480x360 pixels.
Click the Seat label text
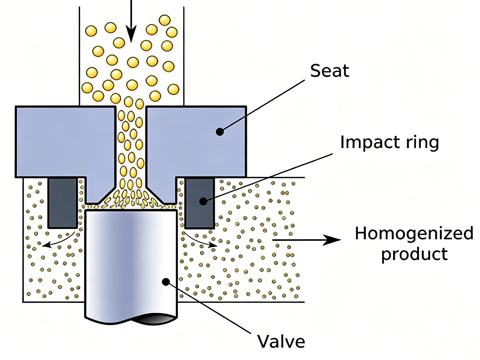tap(330, 71)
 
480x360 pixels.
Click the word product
tap(414, 254)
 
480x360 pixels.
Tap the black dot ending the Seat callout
tap(219, 131)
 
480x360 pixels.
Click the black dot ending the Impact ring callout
tap(204, 201)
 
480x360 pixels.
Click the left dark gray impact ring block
tap(62, 202)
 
